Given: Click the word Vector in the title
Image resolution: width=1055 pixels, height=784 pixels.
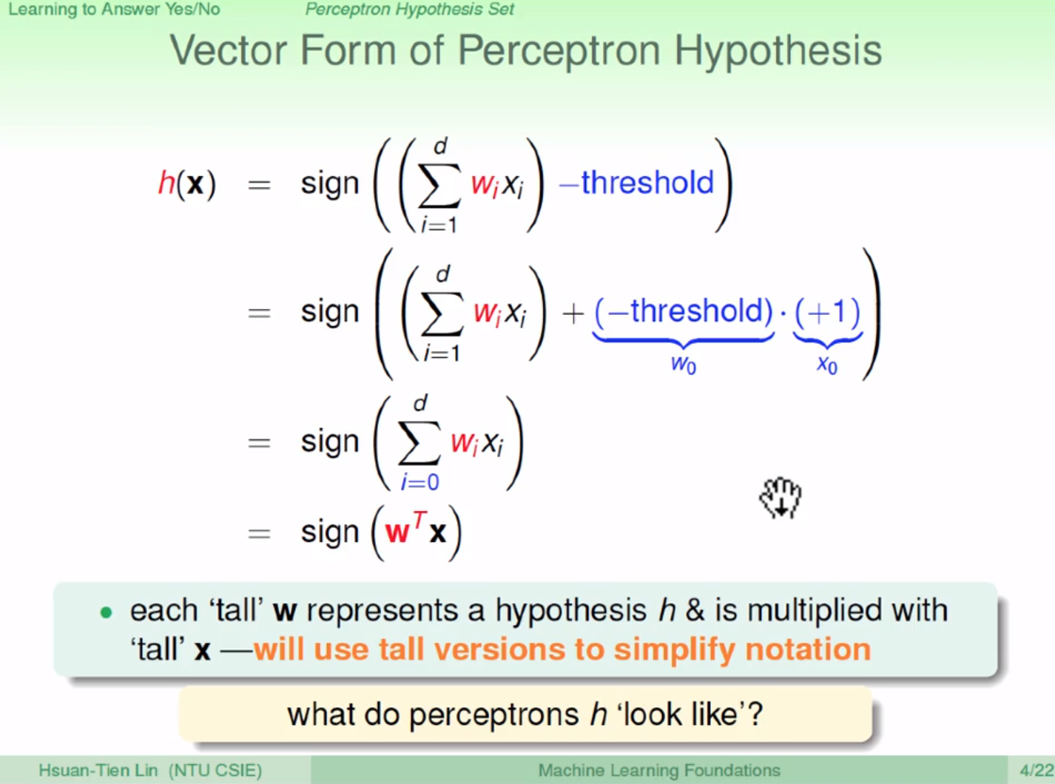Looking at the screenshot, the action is (229, 50).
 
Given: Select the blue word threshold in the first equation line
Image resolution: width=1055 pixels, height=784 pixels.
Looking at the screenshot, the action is (647, 182).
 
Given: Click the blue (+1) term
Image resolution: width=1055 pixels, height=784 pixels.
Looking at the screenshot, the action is (827, 311).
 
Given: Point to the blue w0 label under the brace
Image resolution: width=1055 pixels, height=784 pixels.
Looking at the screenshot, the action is (684, 365).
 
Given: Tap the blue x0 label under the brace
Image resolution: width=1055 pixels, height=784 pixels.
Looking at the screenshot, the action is (827, 365).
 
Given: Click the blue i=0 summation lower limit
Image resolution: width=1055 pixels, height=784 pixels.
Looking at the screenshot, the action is (420, 482).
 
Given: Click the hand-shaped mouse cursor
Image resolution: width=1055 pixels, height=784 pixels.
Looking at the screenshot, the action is (781, 498).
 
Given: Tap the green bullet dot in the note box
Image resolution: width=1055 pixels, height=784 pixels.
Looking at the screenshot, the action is (106, 612).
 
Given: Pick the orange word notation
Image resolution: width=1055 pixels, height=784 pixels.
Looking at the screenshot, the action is (808, 649).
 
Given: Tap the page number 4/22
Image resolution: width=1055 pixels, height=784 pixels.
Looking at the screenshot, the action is (1037, 770).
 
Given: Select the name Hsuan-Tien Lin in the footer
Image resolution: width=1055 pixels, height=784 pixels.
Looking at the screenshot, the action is (98, 770).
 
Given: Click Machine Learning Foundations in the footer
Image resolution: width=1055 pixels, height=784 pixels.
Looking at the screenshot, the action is (659, 770).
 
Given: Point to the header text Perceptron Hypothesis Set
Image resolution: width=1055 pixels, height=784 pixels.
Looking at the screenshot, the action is (410, 10).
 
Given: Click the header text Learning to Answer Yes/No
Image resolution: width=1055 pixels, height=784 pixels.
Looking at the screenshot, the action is (114, 10).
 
